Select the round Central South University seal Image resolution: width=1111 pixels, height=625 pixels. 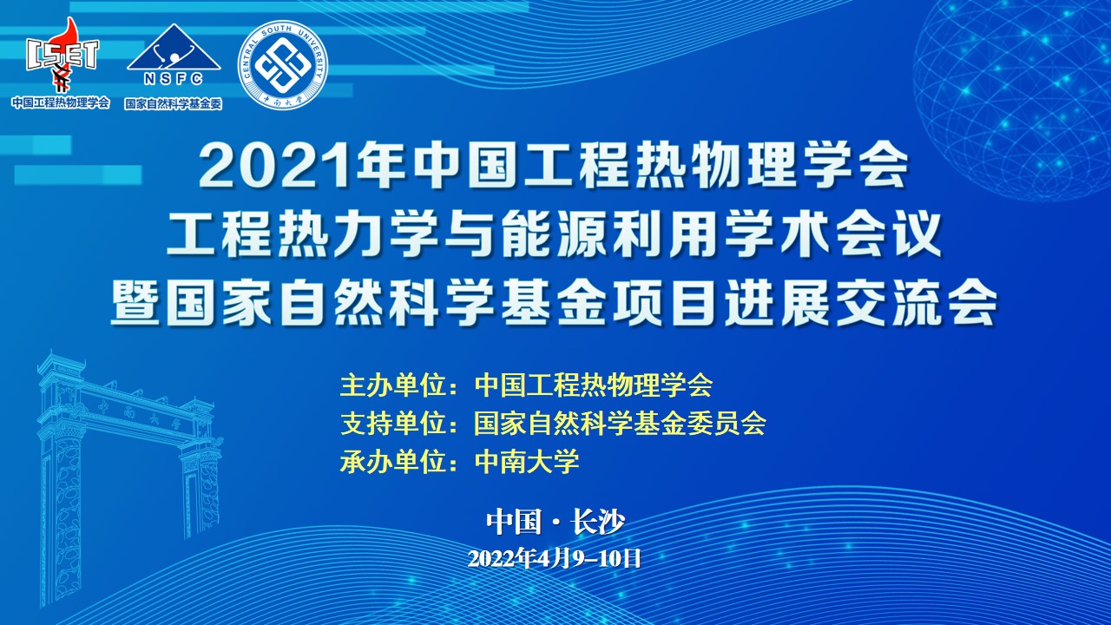pyautogui.click(x=283, y=66)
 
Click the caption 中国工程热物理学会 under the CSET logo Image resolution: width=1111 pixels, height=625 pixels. pyautogui.click(x=61, y=102)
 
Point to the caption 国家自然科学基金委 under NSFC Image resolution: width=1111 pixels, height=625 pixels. pyautogui.click(x=174, y=103)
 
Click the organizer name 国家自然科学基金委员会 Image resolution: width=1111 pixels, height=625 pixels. pyautogui.click(x=620, y=423)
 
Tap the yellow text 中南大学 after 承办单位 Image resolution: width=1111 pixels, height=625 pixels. pyautogui.click(x=527, y=461)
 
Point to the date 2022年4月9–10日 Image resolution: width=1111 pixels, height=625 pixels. pyautogui.click(x=555, y=558)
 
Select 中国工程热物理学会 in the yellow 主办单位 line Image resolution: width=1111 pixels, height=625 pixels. pyautogui.click(x=594, y=384)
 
